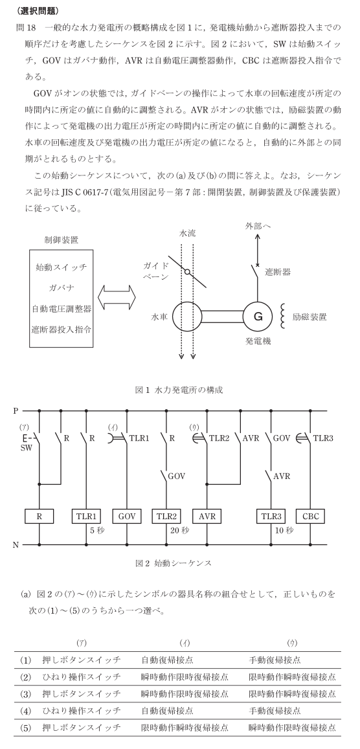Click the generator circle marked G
click(x=257, y=316)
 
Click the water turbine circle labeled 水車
click(x=186, y=316)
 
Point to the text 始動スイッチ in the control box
click(x=62, y=267)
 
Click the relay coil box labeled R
click(x=39, y=517)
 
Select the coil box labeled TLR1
click(x=86, y=517)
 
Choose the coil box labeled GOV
click(x=127, y=517)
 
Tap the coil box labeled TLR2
click(x=167, y=517)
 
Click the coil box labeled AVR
click(x=208, y=517)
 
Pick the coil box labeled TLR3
click(x=271, y=517)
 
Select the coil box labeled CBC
click(x=310, y=517)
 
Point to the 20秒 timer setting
click(x=177, y=530)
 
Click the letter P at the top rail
click(x=16, y=410)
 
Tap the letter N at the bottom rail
click(x=16, y=544)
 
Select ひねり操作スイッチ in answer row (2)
click(x=82, y=676)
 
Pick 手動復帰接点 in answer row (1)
click(x=275, y=660)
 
